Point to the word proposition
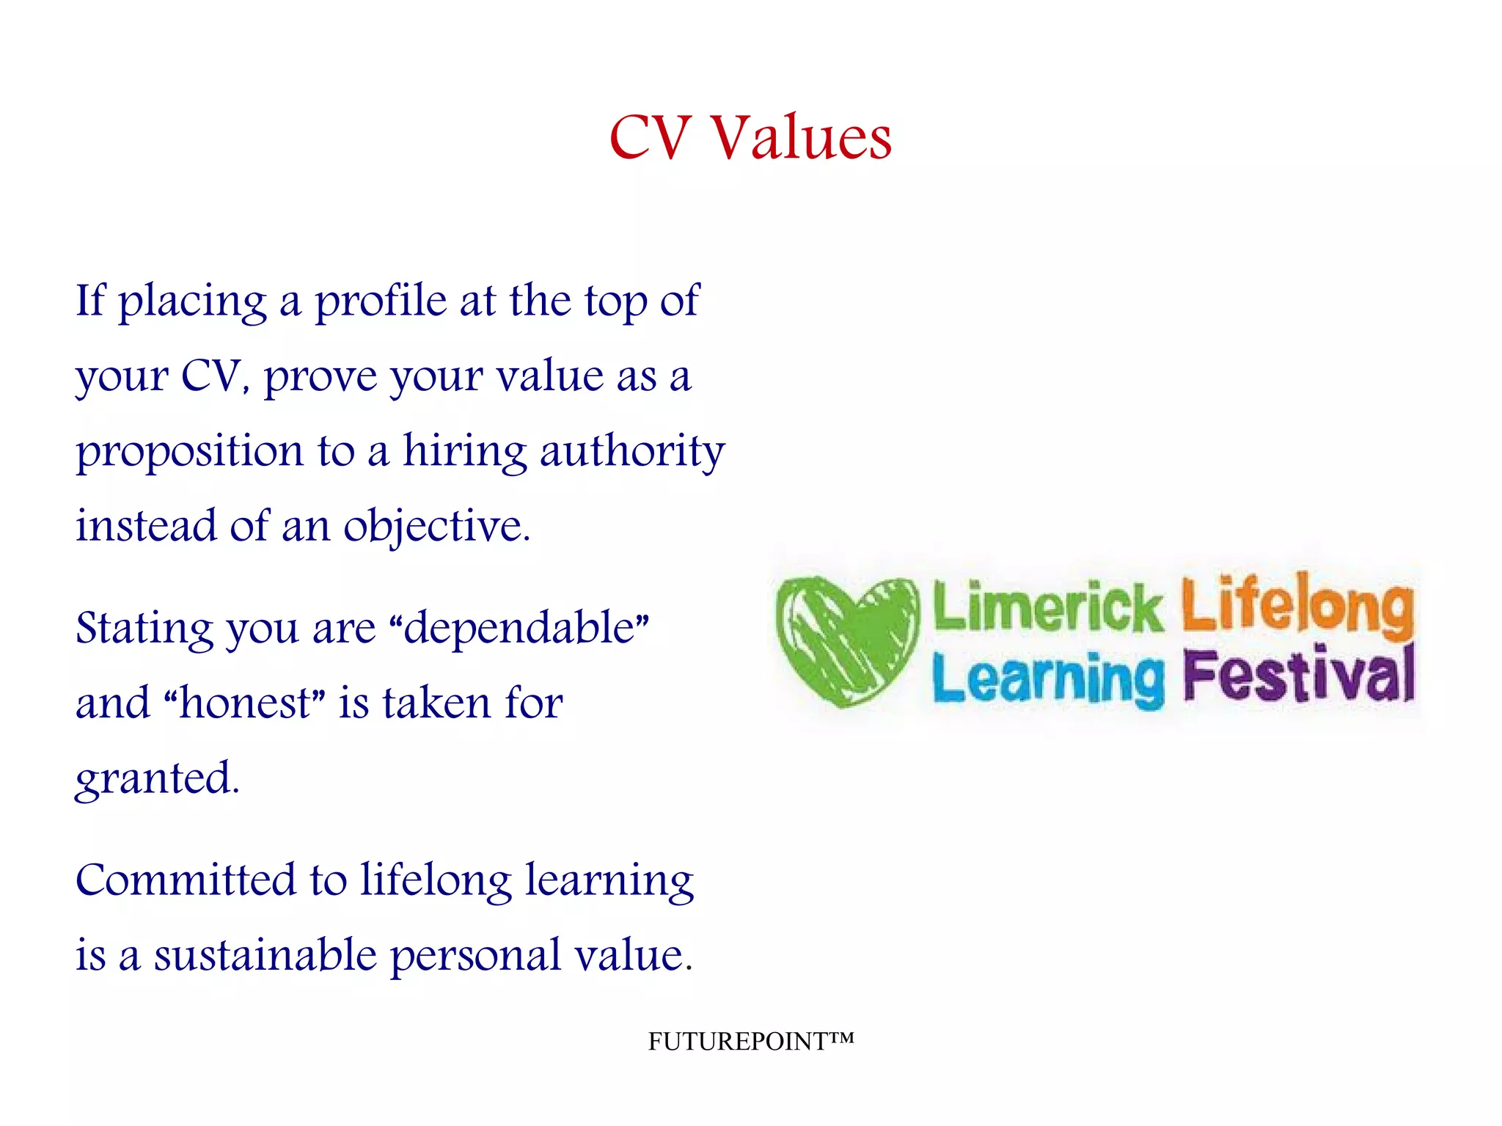pos(189,453)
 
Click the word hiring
pos(464,453)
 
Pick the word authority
pos(632,453)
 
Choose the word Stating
pos(144,629)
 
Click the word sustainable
pos(265,956)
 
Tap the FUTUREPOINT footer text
pos(750,1042)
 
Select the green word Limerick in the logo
pos(1047,607)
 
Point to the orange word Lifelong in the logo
pos(1297,603)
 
